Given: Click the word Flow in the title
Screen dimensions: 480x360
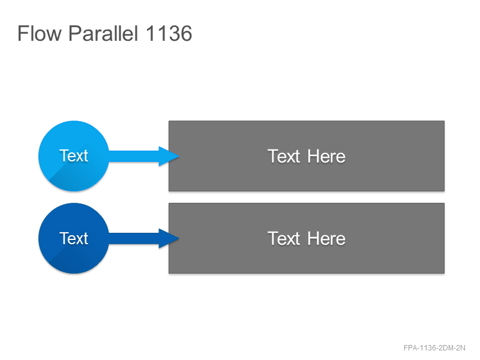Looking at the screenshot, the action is pos(40,33).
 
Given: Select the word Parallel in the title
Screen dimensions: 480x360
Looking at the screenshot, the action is pos(103,33).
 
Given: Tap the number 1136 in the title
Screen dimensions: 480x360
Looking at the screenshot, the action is pos(169,34).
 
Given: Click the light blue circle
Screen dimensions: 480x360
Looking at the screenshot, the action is pos(74,156).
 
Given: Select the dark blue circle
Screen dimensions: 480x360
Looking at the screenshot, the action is pos(74,238).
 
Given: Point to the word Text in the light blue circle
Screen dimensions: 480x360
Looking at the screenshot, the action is pos(74,156).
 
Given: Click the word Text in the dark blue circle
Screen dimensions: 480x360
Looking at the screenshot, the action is pos(74,238).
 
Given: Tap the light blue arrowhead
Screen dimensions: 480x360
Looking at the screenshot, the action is pos(169,156).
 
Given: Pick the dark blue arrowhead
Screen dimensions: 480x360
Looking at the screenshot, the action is pos(169,238).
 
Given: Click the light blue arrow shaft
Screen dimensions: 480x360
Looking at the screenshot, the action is pos(134,156).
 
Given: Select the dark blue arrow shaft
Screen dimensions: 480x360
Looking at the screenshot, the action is pos(134,238).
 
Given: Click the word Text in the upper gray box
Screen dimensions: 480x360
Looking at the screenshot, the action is pos(284,156).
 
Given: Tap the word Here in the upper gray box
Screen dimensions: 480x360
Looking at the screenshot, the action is pos(326,156).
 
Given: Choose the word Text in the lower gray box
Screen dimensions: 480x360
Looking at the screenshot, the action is pos(284,238).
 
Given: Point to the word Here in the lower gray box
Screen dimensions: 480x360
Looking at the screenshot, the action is pos(326,238).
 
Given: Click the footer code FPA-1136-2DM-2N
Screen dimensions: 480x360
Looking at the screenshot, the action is pos(434,348).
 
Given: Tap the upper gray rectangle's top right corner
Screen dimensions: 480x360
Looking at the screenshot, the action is pos(444,121).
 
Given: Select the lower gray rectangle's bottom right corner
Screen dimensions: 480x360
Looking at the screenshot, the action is pos(444,273).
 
